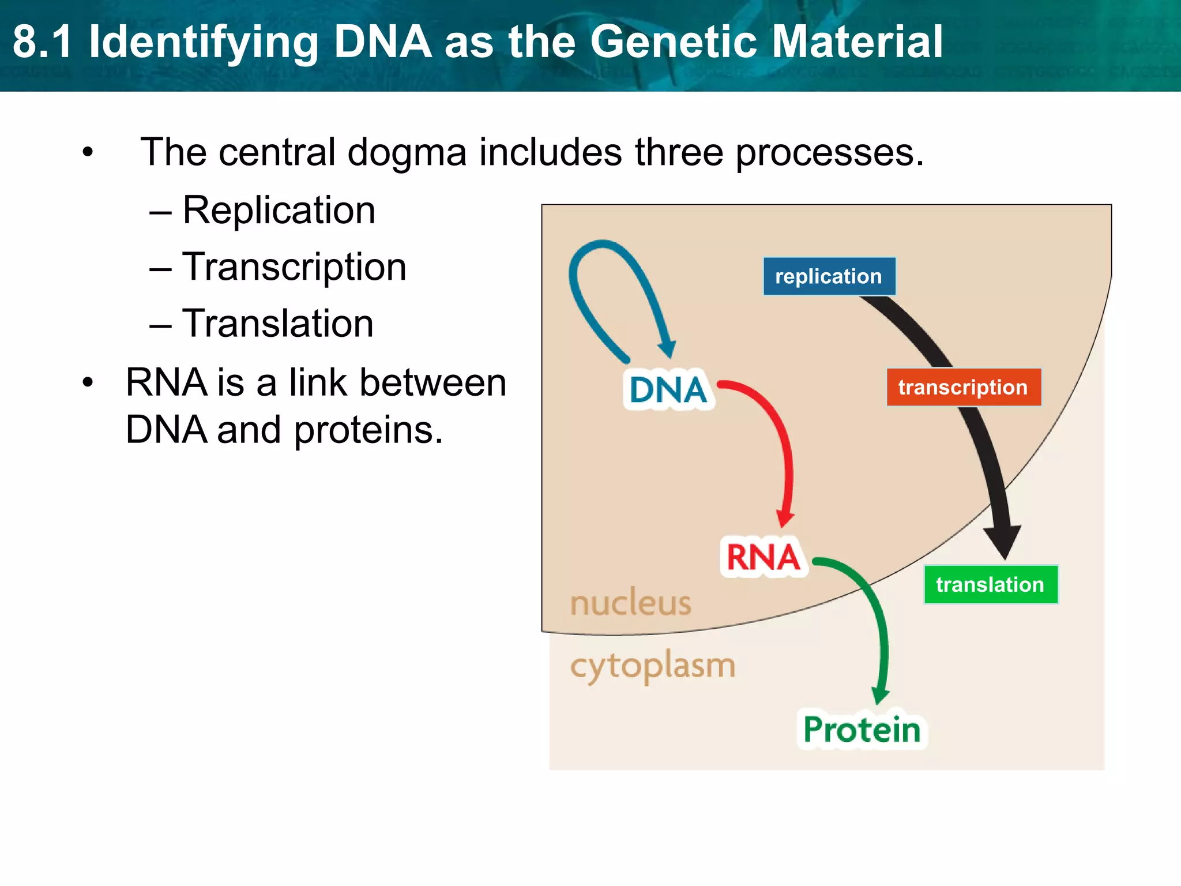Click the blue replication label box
829,276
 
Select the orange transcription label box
963,387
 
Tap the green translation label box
990,584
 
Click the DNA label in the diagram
668,390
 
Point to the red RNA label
763,557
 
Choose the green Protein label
862,730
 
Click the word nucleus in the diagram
630,603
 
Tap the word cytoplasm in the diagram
653,666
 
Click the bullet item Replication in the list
279,210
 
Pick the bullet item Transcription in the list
294,267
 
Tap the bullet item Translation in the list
278,324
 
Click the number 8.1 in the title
43,42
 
